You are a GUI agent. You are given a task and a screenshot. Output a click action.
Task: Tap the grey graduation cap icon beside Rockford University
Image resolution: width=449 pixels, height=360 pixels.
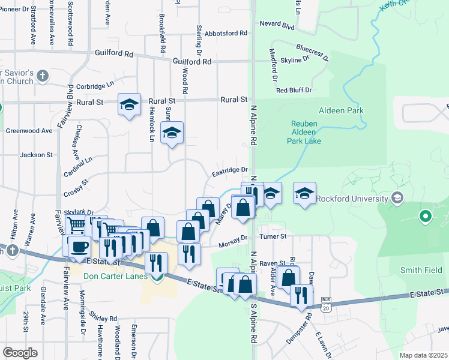(396, 197)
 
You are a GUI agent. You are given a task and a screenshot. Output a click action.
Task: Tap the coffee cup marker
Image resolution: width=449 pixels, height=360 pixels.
(79, 247)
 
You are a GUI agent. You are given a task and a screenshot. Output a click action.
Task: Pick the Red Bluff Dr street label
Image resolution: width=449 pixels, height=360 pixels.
(294, 90)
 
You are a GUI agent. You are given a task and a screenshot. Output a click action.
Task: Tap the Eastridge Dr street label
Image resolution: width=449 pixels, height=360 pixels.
(230, 172)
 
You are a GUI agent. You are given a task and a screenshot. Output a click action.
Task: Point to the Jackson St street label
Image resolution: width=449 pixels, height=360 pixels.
(37, 155)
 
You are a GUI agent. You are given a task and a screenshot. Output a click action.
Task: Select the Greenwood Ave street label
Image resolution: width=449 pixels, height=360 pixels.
(29, 130)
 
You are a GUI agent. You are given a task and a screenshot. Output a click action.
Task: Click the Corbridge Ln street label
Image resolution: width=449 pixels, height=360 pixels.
(94, 86)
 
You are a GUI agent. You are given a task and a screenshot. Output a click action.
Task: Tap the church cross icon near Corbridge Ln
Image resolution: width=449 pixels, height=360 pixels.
(42, 76)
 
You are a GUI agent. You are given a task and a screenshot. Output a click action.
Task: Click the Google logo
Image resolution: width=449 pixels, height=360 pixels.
(20, 352)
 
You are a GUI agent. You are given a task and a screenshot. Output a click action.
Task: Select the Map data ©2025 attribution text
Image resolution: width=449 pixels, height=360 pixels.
(423, 356)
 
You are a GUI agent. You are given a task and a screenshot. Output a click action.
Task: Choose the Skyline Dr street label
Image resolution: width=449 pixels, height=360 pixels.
(295, 61)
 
